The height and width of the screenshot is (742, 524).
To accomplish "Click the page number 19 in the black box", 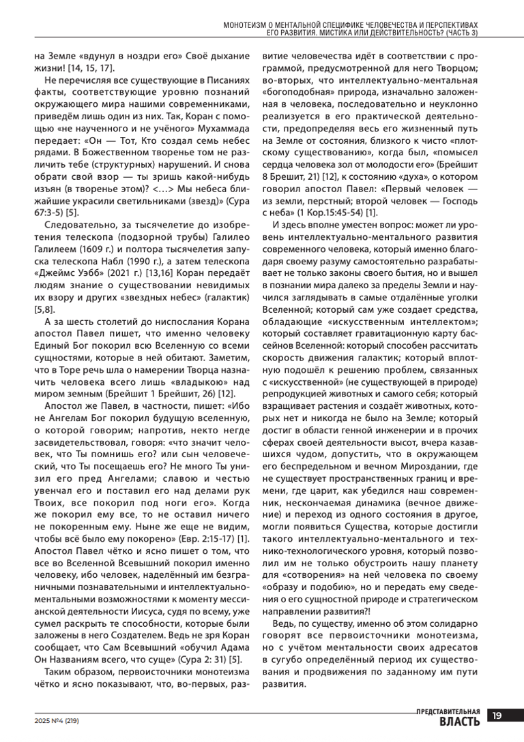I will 497,715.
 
